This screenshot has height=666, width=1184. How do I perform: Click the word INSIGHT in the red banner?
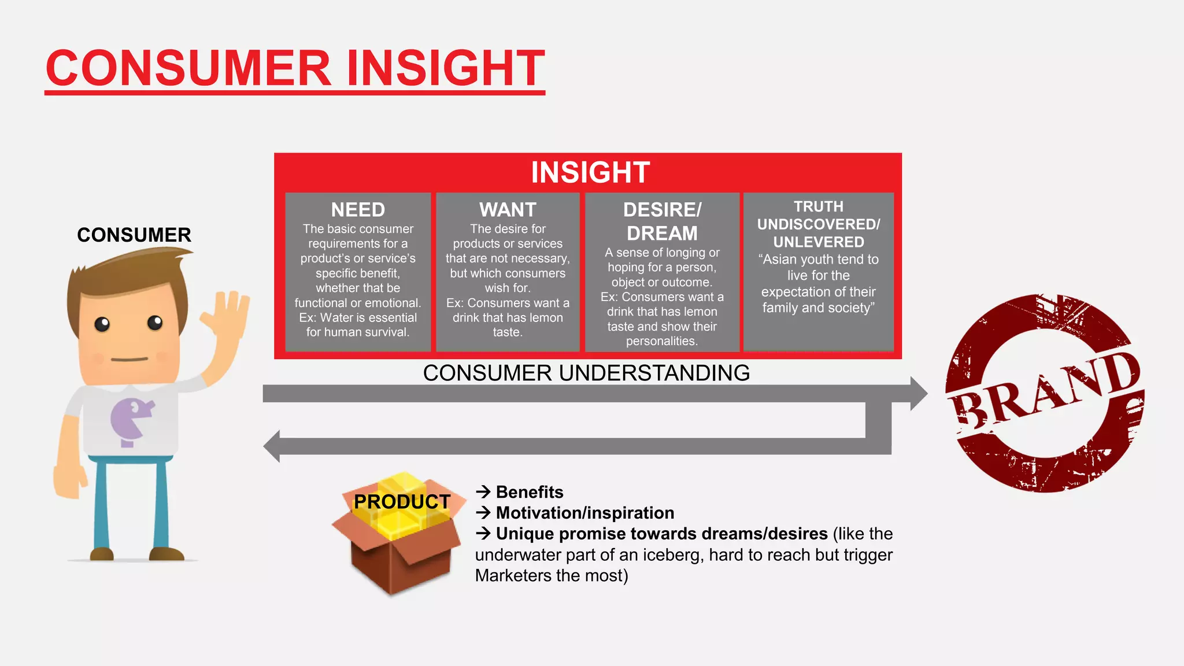tap(590, 172)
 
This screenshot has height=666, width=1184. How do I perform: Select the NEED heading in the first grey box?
tap(358, 209)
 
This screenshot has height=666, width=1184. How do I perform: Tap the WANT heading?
tap(508, 209)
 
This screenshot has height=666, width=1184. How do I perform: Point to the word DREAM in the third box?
tap(662, 233)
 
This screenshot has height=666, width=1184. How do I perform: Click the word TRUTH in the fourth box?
tap(818, 206)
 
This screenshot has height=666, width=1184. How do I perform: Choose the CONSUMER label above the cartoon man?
tap(134, 235)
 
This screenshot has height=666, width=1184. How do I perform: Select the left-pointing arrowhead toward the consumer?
tap(272, 446)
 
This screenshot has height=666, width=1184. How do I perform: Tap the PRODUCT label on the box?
tap(402, 502)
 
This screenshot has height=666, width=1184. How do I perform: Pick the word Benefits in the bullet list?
tap(530, 492)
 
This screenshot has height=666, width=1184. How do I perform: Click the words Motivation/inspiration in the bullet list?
tap(585, 513)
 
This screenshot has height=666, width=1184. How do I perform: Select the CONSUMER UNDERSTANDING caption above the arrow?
tap(586, 373)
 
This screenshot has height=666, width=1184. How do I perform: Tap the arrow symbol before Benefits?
tap(483, 492)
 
